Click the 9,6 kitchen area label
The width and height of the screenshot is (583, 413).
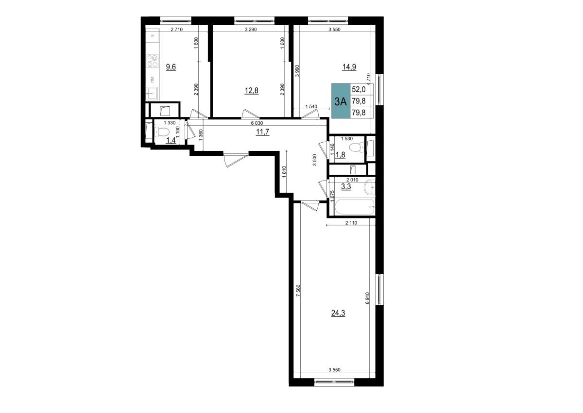171,67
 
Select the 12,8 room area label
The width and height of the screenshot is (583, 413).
252,91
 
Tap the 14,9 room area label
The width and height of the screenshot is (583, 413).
349,67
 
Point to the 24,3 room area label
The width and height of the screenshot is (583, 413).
338,313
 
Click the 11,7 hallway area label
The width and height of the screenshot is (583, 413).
263,132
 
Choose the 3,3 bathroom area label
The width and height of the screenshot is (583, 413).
346,187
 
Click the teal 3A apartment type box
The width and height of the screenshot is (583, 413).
341,101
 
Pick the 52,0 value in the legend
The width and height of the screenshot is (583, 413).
359,89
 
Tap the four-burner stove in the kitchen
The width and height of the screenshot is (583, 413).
153,61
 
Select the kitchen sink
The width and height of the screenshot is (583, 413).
152,93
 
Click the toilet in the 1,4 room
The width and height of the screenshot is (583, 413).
162,132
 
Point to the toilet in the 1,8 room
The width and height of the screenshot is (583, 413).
357,148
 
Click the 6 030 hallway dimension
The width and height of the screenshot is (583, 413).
257,123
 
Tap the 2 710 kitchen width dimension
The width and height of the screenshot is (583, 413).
177,30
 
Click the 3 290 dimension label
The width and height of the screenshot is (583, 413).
251,30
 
